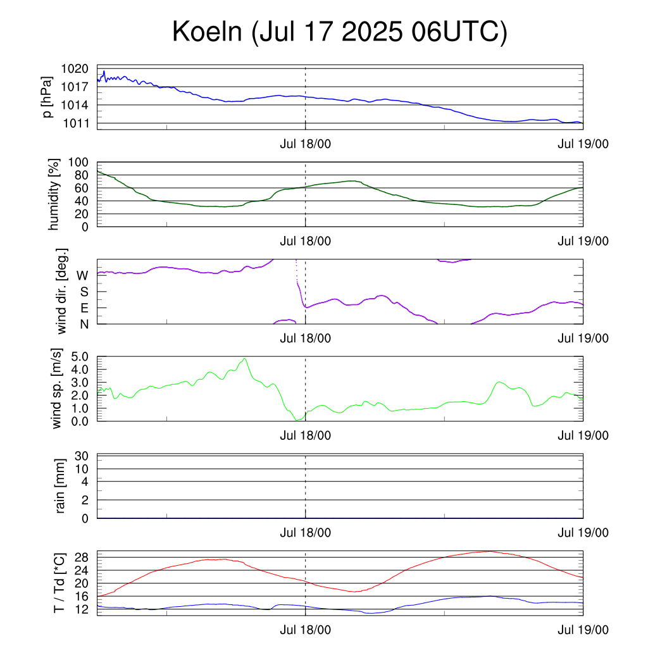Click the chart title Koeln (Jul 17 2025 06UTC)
[x=340, y=32]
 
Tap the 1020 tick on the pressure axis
[x=75, y=68]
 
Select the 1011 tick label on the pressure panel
[x=76, y=123]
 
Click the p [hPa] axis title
[x=47, y=97]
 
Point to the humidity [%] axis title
[x=54, y=194]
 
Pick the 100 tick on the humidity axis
[x=78, y=163]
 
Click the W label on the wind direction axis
[x=83, y=276]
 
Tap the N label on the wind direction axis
[x=84, y=325]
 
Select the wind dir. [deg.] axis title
[x=61, y=291]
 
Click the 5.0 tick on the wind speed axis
[x=80, y=357]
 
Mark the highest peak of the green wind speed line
[x=245, y=359]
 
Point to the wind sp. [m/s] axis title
[x=56, y=389]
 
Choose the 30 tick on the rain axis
[x=82, y=456]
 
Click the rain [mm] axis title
[x=60, y=486]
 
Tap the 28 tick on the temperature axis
[x=82, y=558]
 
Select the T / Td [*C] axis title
[x=59, y=583]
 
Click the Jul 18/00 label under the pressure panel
[x=306, y=144]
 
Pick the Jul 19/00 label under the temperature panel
[x=583, y=630]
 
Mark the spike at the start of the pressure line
[x=104, y=71]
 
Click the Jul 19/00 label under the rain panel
[x=583, y=533]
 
